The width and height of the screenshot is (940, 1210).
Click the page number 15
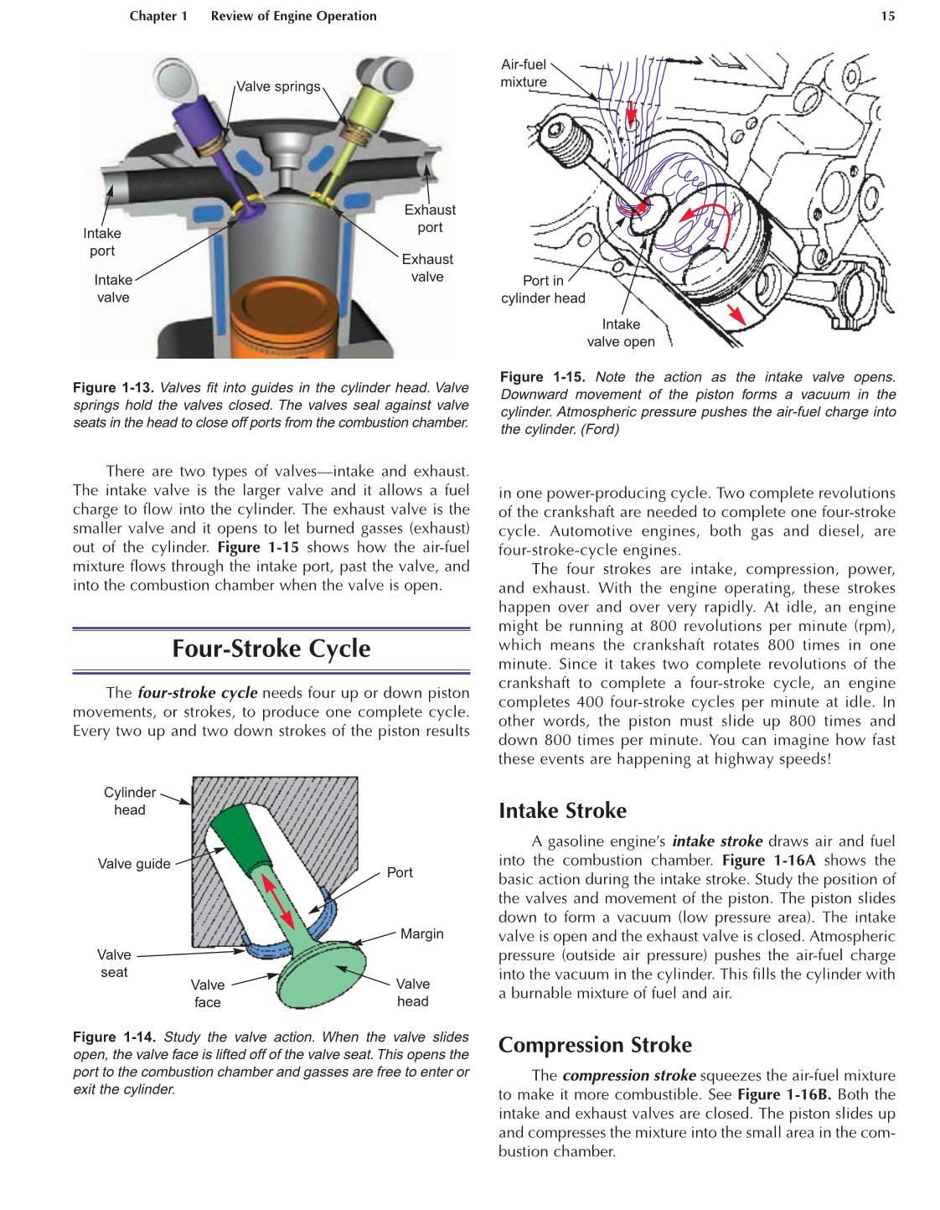click(887, 16)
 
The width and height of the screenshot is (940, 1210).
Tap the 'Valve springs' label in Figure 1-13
click(278, 86)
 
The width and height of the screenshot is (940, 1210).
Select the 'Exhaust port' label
click(430, 219)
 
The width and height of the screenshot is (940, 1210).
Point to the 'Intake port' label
click(102, 242)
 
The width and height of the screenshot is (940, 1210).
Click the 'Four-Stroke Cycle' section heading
click(271, 649)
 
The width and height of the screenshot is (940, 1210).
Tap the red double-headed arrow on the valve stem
click(278, 901)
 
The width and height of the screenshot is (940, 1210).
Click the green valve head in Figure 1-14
click(323, 976)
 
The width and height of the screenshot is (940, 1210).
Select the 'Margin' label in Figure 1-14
click(421, 934)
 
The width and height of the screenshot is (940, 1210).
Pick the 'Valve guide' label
click(134, 864)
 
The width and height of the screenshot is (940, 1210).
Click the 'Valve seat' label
click(114, 964)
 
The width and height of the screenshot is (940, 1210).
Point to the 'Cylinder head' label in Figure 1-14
click(130, 801)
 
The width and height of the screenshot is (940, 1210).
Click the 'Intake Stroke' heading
click(562, 811)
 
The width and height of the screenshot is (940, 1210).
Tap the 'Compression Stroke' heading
click(595, 1045)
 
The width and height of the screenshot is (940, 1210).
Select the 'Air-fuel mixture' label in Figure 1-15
click(524, 74)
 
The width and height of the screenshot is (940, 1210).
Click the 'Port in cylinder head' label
click(543, 290)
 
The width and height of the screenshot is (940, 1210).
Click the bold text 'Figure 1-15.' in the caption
click(542, 377)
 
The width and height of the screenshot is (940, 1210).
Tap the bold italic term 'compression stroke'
click(628, 1075)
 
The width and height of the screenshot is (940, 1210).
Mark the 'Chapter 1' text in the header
click(158, 16)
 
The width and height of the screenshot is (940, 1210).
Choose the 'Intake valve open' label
click(621, 333)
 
